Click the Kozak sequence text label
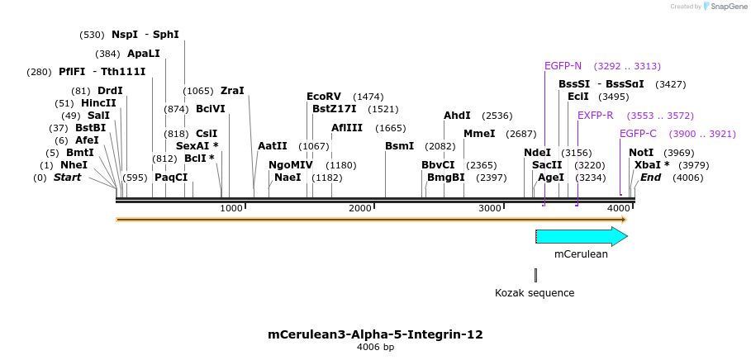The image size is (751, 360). click(x=534, y=292)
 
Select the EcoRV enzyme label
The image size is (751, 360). click(x=323, y=97)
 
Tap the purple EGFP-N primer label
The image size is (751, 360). click(x=563, y=66)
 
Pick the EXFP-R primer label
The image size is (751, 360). click(x=595, y=116)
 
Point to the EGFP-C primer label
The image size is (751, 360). click(x=638, y=134)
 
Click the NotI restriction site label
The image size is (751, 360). click(x=641, y=153)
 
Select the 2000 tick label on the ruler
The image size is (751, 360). click(x=360, y=208)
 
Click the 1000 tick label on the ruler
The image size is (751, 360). click(x=231, y=208)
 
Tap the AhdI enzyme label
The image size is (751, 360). click(x=457, y=116)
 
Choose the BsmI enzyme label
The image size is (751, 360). click(x=399, y=146)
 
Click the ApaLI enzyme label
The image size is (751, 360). click(x=144, y=54)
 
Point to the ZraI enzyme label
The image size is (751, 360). click(x=232, y=91)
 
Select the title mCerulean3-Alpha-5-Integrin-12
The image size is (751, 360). click(x=375, y=334)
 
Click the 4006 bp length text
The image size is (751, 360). click(x=375, y=348)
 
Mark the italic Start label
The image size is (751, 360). click(x=67, y=178)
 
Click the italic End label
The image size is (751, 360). click(x=650, y=178)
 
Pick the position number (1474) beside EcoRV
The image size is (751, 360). click(x=368, y=97)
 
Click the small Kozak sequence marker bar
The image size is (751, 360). click(x=535, y=275)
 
